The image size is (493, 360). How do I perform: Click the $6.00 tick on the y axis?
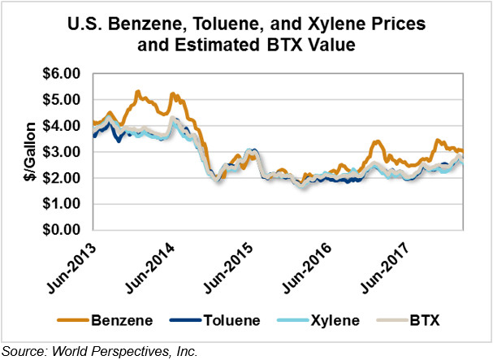pos(63,74)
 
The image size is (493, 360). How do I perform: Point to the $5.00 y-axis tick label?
pos(63,100)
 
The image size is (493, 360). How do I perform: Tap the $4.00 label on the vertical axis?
pos(63,126)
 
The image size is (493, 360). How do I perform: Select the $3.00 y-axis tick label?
pos(63,152)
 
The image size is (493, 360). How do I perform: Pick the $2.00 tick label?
pos(63,178)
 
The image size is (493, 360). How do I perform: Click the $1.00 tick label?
pos(63,204)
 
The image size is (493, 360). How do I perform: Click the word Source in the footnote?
pos(24,350)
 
